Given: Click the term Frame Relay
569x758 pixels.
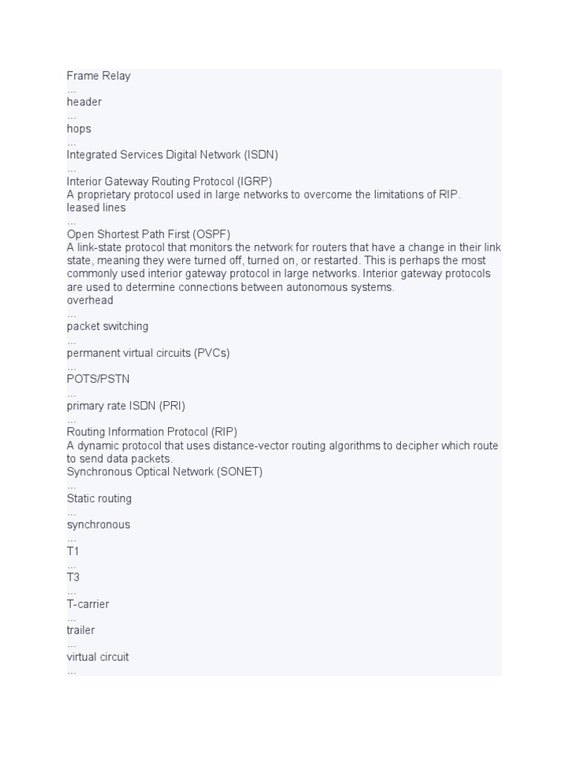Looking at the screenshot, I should click(x=99, y=76).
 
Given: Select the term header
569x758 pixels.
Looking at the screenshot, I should click(x=84, y=102).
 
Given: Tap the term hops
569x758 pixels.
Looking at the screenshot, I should click(x=79, y=129).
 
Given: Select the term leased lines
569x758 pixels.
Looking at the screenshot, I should click(x=96, y=208).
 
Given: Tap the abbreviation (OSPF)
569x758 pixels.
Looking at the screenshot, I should click(x=211, y=235).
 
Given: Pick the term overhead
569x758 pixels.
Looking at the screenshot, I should click(x=90, y=301).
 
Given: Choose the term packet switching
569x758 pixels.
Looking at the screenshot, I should click(x=107, y=326).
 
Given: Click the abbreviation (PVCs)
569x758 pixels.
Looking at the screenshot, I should click(x=212, y=353).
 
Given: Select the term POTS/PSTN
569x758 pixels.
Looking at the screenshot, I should click(x=98, y=379).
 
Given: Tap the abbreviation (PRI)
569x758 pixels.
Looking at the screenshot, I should click(x=170, y=406).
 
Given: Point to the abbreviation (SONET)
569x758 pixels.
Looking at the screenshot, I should click(x=239, y=472).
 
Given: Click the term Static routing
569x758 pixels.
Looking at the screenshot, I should click(x=99, y=498).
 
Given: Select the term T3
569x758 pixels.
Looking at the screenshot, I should click(x=73, y=577).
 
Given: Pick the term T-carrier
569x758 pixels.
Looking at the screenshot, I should click(x=87, y=604).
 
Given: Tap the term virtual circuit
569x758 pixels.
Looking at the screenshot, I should click(x=98, y=657).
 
